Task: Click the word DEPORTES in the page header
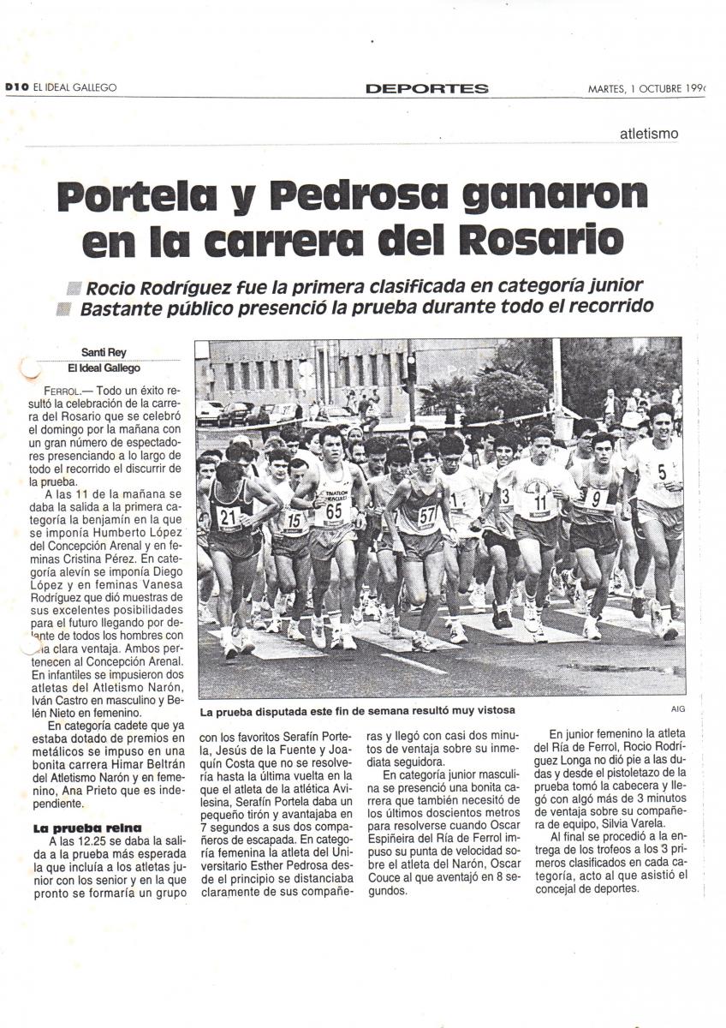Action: coord(426,88)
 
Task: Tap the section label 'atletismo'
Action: coord(649,134)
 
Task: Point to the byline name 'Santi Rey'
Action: coord(104,352)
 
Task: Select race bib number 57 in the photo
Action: coord(426,514)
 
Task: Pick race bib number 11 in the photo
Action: coord(540,500)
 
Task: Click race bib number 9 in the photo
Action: coord(596,497)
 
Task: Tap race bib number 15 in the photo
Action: coord(294,519)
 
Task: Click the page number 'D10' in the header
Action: coord(17,87)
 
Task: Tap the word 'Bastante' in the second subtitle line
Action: coord(116,308)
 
